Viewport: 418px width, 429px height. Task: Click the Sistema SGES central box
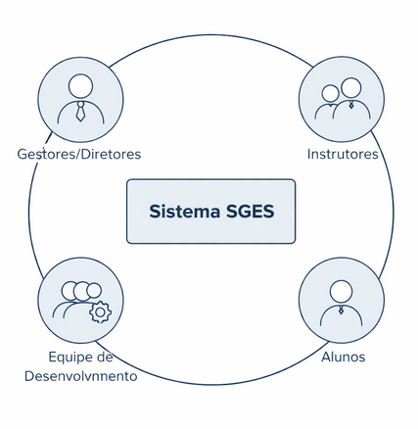click(x=210, y=212)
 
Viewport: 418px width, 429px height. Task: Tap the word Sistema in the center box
click(x=185, y=212)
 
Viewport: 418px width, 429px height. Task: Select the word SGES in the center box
click(x=250, y=212)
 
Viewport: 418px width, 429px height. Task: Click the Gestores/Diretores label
click(x=79, y=154)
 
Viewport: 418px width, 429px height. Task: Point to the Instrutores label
click(x=343, y=154)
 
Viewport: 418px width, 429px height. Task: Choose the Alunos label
click(x=344, y=357)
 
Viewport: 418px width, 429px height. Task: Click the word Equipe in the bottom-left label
click(x=69, y=357)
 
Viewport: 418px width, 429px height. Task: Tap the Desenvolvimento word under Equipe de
click(x=80, y=376)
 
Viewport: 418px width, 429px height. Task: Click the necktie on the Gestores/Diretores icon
click(x=80, y=112)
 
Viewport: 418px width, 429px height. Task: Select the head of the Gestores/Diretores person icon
click(x=80, y=86)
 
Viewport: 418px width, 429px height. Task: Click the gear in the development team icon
click(x=101, y=312)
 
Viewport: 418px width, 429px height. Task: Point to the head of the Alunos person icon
click(x=341, y=292)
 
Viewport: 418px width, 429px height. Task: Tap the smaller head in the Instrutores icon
click(x=330, y=93)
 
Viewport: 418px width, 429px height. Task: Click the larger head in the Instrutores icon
click(x=351, y=88)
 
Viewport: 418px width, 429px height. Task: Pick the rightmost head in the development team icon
click(x=94, y=291)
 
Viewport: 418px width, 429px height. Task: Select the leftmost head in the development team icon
click(x=70, y=291)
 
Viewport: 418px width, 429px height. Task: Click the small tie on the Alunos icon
click(x=341, y=310)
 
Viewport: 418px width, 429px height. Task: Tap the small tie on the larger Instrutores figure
click(x=351, y=105)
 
